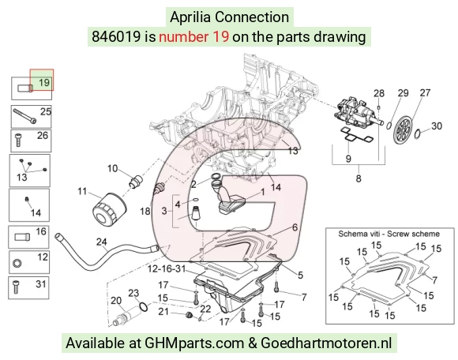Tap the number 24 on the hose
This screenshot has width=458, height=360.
click(101, 242)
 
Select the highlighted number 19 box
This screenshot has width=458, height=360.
click(42, 80)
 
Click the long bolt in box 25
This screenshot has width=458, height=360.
click(24, 117)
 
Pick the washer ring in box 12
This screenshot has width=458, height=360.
click(17, 264)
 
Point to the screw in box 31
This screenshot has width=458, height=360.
click(16, 287)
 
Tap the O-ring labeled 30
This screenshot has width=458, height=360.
click(418, 133)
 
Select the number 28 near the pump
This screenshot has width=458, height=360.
click(379, 93)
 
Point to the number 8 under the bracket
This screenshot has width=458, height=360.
click(359, 178)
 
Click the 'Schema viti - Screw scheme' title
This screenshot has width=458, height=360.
click(389, 234)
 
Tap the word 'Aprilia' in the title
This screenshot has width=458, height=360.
click(190, 17)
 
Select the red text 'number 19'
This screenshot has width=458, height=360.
click(193, 37)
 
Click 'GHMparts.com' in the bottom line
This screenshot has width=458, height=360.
click(194, 343)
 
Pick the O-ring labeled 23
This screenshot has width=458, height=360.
click(144, 306)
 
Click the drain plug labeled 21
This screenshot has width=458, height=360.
click(189, 315)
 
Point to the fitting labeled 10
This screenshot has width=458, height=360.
click(135, 181)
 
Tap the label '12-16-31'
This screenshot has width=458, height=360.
click(167, 268)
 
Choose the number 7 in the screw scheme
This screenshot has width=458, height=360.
click(434, 280)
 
